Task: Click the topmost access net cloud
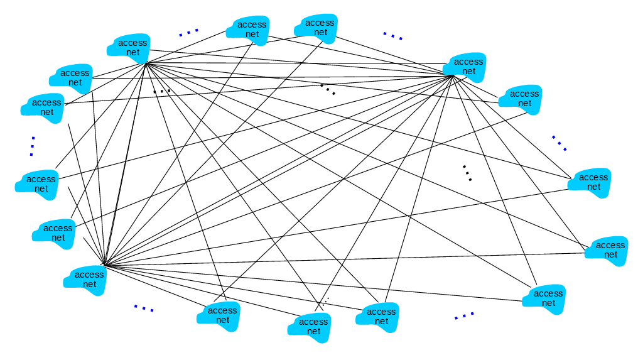point(317,28)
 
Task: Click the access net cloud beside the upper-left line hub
point(130,48)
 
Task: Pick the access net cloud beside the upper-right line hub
point(467,67)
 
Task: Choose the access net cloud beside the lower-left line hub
point(86,279)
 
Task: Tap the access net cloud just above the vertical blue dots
point(44,107)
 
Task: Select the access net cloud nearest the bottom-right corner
point(545,298)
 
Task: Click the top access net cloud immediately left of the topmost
point(249,30)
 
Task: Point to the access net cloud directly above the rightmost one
point(590,182)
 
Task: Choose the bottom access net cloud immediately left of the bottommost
point(220,315)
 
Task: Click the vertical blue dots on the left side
point(31,146)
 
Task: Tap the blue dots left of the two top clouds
point(188,31)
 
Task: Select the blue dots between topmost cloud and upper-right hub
point(393,36)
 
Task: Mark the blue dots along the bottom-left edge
point(144,308)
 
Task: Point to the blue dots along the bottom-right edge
point(464,315)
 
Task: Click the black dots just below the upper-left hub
point(162,91)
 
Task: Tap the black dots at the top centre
point(328,89)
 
